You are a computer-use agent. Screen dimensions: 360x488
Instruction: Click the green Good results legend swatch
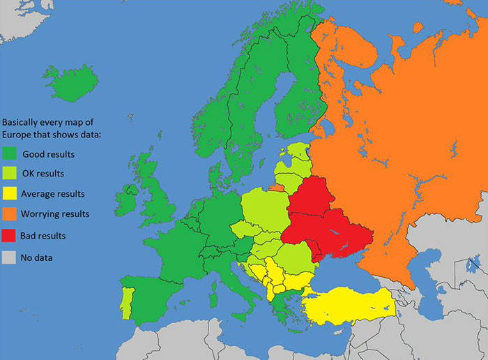point(10,154)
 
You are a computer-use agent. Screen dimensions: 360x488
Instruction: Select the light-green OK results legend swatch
point(10,174)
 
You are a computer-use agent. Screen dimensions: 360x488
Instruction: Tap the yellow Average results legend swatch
point(10,194)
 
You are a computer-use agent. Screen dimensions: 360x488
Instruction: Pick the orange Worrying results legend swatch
point(10,214)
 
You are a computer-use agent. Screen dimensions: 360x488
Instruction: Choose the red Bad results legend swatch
point(10,236)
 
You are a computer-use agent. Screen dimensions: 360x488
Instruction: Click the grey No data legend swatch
point(10,257)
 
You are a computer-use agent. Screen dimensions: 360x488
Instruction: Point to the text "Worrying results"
point(56,214)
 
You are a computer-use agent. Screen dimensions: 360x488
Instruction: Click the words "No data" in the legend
point(38,257)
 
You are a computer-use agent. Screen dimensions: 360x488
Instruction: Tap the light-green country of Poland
point(264,212)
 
